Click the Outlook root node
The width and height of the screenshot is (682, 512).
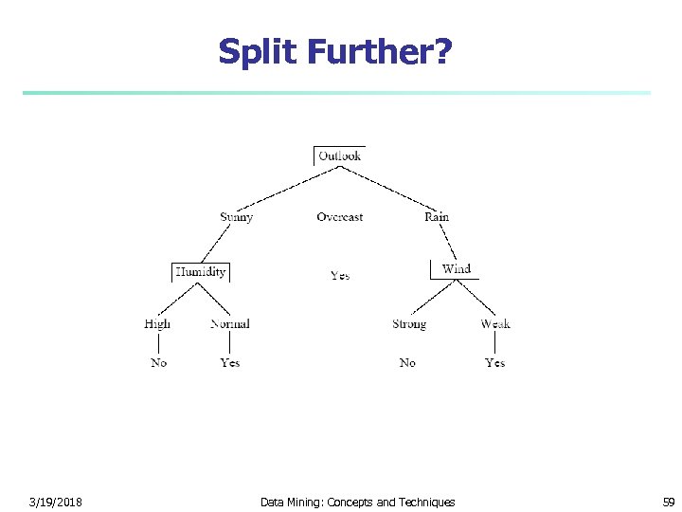point(339,155)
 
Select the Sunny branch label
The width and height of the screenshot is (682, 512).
point(236,217)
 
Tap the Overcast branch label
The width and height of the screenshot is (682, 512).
point(339,217)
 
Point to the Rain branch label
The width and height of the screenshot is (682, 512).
point(437,217)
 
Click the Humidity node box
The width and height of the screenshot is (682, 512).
point(201,272)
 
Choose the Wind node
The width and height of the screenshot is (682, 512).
point(456,268)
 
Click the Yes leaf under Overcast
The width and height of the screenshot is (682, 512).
point(340,276)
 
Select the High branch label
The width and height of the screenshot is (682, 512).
point(157,323)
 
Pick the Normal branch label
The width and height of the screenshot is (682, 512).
point(230,323)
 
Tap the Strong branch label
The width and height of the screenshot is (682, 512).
point(409,323)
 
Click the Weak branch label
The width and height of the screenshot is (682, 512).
point(495,323)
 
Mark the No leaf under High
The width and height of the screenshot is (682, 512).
point(158,363)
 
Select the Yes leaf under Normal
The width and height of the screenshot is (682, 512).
point(230,363)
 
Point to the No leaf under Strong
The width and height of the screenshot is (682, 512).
point(407,363)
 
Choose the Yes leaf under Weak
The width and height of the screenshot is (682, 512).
point(495,363)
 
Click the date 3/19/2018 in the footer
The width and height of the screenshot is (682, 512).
point(55,502)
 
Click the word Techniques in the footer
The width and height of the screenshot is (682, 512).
point(424,502)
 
